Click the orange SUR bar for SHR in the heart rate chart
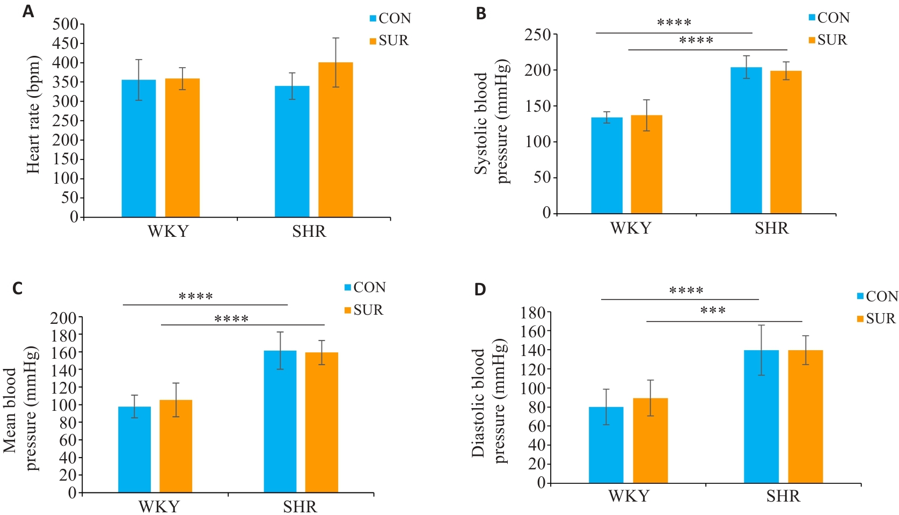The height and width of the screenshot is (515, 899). point(335,140)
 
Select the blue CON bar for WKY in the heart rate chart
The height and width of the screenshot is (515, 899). point(138,148)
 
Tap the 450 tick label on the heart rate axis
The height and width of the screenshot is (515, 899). point(65,43)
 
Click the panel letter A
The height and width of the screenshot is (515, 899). point(28,11)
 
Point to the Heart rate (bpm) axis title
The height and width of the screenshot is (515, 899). point(33,114)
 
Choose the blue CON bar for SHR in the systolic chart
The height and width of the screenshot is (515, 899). point(746,140)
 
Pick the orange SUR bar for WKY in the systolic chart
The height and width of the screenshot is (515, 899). point(646,164)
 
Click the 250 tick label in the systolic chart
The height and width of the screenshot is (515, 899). point(538,35)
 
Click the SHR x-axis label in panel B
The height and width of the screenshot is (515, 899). point(772,229)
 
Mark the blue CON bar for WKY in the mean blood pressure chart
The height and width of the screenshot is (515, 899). point(134,449)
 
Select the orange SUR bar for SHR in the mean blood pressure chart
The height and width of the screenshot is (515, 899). point(321,422)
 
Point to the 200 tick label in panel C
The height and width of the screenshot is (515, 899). point(63,318)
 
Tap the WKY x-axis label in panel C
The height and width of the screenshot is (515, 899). point(159,506)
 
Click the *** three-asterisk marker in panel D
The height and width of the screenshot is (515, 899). point(713,311)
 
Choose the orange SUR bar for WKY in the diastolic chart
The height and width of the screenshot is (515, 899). point(650,440)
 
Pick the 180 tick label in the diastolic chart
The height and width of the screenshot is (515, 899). point(533,313)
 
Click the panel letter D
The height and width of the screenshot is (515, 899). point(480,290)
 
